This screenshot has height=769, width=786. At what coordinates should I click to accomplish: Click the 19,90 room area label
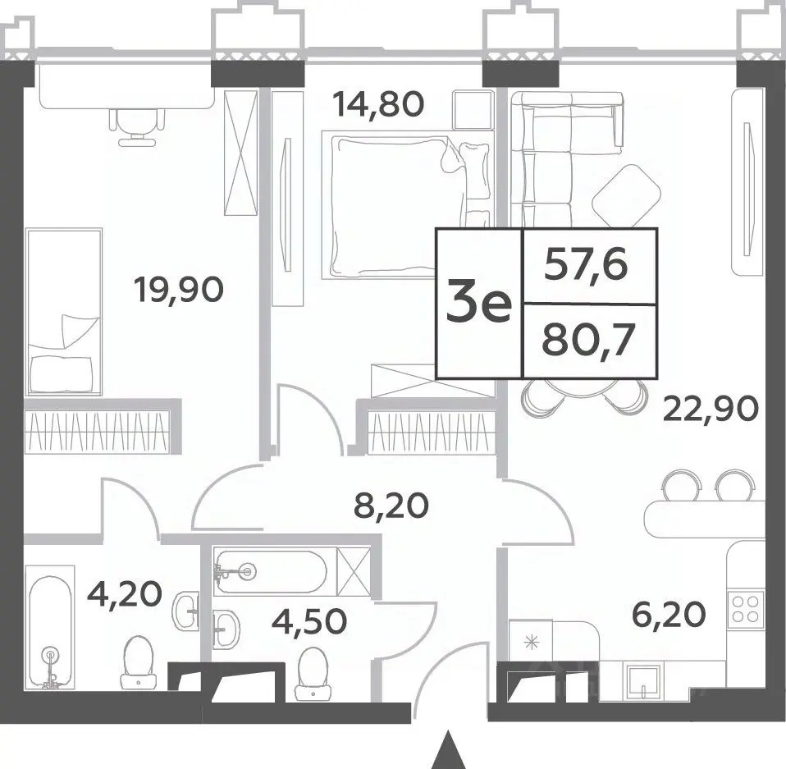coord(179,291)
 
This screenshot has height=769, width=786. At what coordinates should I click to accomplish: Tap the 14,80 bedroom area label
coord(378,105)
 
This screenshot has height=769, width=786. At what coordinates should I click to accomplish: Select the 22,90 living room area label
coord(711,409)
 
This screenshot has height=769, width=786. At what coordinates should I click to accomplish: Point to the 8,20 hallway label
coord(391,506)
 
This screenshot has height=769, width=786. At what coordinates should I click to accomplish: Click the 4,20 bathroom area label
coord(125,593)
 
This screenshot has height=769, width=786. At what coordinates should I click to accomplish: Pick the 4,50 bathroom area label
coord(309,620)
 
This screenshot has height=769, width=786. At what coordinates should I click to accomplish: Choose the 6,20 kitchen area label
coord(669,615)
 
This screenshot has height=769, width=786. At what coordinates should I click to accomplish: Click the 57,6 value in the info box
coord(586,264)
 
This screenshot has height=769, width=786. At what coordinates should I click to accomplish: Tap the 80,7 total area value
coord(589,340)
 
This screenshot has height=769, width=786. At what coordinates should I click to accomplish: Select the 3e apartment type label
coord(478,302)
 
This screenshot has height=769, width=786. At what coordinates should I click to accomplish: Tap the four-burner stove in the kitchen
coord(745,609)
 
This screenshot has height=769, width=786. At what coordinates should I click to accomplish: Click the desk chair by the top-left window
coord(137,127)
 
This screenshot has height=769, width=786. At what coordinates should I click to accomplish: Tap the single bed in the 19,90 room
coord(64,312)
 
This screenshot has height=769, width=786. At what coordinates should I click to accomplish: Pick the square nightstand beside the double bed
coord(473,110)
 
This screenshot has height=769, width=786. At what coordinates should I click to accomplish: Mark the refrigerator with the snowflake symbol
coord(530,642)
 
